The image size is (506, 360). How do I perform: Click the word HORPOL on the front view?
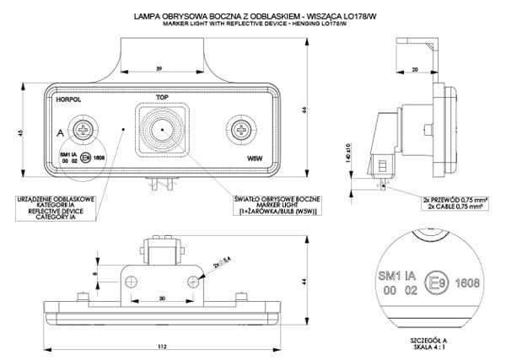(x=67, y=99)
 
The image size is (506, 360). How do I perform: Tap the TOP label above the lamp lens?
(x=163, y=98)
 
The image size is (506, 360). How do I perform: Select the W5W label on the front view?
(x=253, y=157)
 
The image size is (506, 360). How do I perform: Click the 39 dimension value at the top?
(x=160, y=67)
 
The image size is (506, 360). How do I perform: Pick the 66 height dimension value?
(x=304, y=108)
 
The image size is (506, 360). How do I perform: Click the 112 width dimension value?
(x=161, y=347)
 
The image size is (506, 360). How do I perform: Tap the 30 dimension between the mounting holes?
(x=161, y=298)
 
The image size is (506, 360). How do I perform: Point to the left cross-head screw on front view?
(x=84, y=130)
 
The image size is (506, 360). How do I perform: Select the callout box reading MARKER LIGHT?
(x=276, y=205)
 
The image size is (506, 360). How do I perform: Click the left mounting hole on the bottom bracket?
(x=131, y=279)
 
